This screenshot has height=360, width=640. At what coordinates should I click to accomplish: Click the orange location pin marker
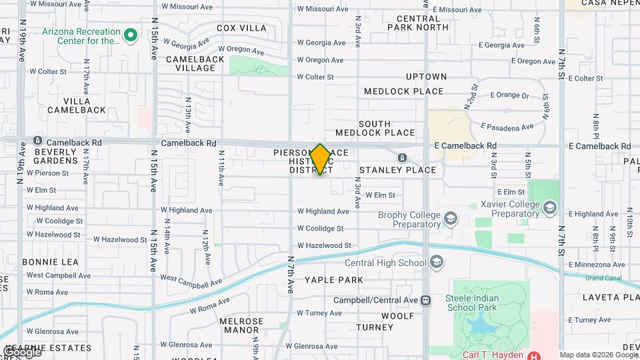click(320, 159)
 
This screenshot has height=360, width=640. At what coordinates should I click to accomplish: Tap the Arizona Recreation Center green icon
click(131, 34)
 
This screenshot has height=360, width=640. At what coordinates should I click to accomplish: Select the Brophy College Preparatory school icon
click(451, 218)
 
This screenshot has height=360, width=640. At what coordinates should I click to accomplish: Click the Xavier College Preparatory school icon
click(549, 208)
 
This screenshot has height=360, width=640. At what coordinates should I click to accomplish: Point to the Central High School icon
click(437, 262)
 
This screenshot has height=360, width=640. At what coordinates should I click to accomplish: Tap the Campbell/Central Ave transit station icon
click(426, 300)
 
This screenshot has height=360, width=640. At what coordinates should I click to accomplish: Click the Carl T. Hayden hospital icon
click(533, 355)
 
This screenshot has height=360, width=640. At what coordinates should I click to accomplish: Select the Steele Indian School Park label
click(477, 302)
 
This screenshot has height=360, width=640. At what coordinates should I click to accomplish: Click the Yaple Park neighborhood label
click(334, 280)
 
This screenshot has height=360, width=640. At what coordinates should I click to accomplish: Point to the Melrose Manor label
click(239, 325)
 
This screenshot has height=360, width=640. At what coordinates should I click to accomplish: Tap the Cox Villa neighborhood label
click(241, 28)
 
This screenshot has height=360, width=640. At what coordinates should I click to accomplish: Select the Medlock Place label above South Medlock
click(404, 91)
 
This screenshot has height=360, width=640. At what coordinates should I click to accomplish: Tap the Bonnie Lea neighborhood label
click(46, 262)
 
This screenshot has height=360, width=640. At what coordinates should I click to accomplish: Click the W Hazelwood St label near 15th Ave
click(120, 239)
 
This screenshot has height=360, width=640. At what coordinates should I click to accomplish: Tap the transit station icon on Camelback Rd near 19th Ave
click(37, 141)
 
